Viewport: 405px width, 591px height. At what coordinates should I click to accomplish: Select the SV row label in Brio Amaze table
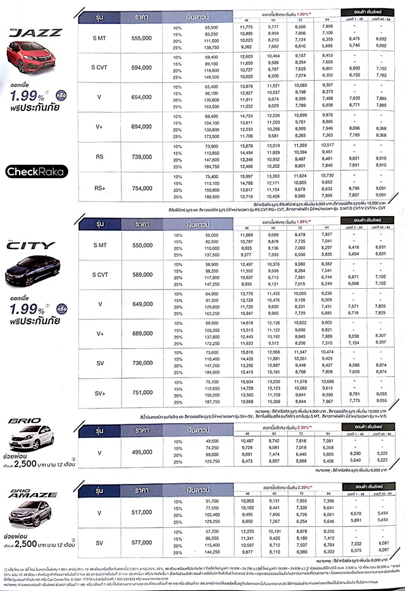click(x=100, y=543)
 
